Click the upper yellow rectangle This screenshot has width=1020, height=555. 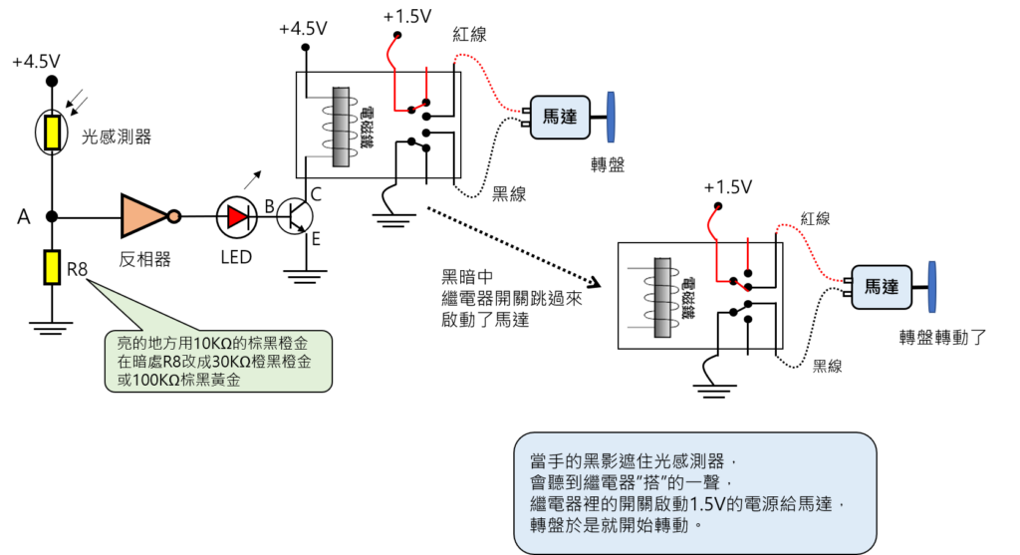coord(52,133)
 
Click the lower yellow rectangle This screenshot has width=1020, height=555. coord(52,267)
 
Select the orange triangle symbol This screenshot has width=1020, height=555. coord(141,215)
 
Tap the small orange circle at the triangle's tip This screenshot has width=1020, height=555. coord(174,216)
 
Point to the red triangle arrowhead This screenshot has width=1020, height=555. coord(236,216)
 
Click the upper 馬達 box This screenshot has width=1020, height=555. coord(560,118)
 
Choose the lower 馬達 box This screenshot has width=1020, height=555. coord(881,287)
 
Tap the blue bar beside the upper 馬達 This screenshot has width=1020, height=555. coord(611,118)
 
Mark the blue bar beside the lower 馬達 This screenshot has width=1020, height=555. coord(932,287)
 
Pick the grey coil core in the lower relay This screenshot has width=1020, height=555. coord(662,296)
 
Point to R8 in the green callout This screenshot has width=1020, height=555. coord(174,362)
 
